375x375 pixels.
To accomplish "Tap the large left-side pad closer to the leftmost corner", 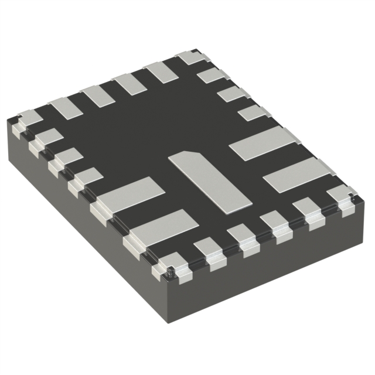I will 128,193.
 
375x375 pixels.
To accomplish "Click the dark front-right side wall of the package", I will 275,275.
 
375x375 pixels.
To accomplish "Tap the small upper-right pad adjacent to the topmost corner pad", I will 211,76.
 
